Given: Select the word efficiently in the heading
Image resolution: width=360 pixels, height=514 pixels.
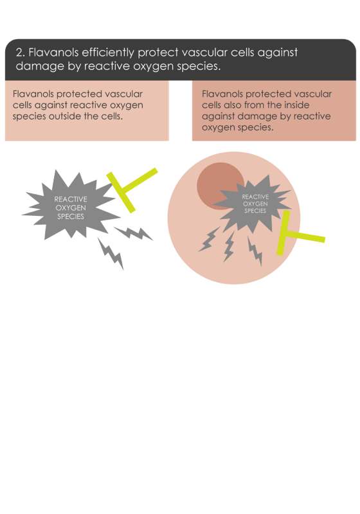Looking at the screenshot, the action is click(x=108, y=53).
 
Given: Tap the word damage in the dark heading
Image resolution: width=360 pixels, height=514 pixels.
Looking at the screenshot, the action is click(x=40, y=66).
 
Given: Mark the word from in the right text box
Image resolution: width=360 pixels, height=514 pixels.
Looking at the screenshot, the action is click(x=255, y=105).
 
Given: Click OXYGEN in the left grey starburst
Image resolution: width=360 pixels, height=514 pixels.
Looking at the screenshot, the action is click(x=71, y=208).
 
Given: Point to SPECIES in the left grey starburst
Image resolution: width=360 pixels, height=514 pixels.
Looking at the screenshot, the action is click(x=71, y=217).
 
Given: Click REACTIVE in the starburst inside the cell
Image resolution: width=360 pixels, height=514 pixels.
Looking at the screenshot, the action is click(x=255, y=197).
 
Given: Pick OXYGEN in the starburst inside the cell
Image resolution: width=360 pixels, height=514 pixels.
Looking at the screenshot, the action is click(x=255, y=204).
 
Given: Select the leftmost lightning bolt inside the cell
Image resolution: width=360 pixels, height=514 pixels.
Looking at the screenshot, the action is click(x=209, y=239).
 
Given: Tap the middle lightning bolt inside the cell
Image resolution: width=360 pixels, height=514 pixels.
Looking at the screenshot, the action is click(x=229, y=247).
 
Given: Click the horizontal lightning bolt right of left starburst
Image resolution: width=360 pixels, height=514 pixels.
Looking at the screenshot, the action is click(x=133, y=233).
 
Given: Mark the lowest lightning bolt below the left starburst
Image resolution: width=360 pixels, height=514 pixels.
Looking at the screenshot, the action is click(x=111, y=254).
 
